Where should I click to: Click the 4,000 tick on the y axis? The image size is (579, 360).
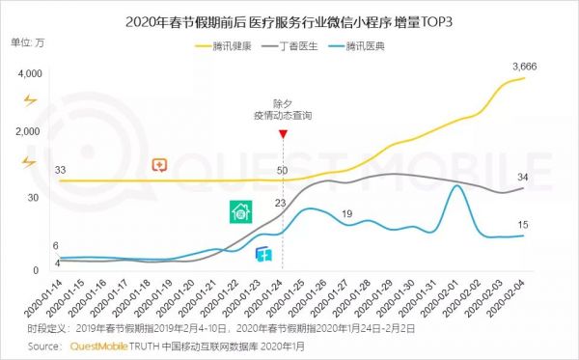[x=29, y=74]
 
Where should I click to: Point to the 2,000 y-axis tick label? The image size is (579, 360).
[x=29, y=130]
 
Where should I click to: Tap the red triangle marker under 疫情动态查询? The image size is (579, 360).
[x=281, y=135]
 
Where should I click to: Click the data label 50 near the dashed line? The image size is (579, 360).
[x=282, y=171]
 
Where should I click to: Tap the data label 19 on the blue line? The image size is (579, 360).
[x=346, y=213]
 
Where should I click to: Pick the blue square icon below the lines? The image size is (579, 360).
[x=262, y=254]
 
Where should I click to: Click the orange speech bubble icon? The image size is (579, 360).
[x=160, y=166]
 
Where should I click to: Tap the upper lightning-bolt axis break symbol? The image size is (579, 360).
[x=29, y=99]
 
